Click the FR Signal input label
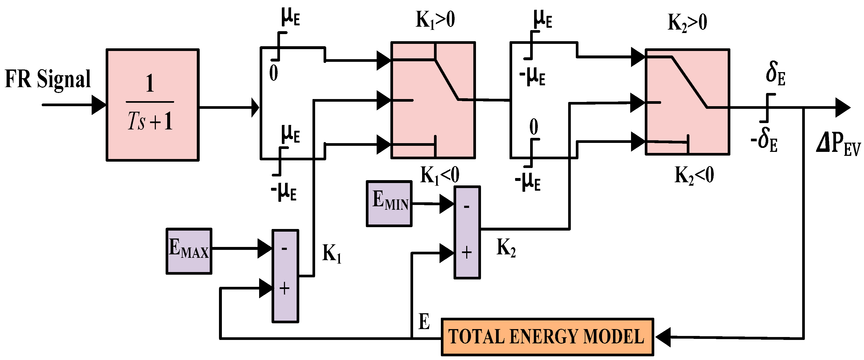tap(48, 79)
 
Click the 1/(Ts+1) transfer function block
tap(153, 105)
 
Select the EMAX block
tap(189, 251)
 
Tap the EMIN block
tap(389, 204)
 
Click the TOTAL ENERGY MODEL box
tap(547, 336)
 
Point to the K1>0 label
tap(435, 20)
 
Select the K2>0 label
tap(687, 23)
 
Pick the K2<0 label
tap(694, 175)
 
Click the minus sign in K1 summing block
tap(284, 249)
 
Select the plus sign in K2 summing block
tap(466, 252)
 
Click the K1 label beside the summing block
tap(331, 253)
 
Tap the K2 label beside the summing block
tap(506, 247)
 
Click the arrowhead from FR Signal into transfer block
tap(99, 105)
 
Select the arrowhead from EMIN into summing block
tap(447, 204)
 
